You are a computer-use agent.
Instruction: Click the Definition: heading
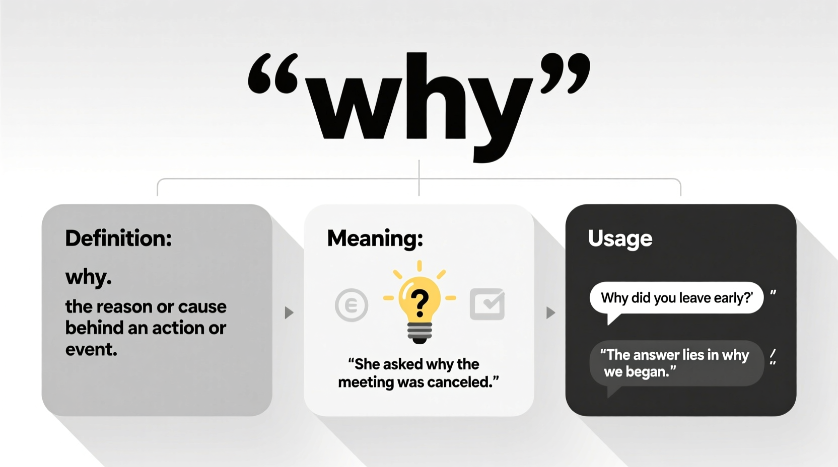pyautogui.click(x=118, y=238)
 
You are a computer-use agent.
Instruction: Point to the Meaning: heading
pyautogui.click(x=375, y=238)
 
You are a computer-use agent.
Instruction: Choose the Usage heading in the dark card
pyautogui.click(x=620, y=239)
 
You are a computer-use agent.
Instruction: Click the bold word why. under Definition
pyautogui.click(x=89, y=277)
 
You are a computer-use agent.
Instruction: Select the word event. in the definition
pyautogui.click(x=91, y=349)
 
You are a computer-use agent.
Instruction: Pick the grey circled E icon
pyautogui.click(x=352, y=305)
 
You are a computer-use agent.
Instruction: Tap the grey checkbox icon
pyautogui.click(x=487, y=304)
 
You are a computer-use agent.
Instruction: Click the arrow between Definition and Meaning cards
pyautogui.click(x=289, y=313)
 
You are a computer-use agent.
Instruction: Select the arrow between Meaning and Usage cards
pyautogui.click(x=550, y=313)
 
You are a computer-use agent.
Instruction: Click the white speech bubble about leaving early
pyautogui.click(x=676, y=298)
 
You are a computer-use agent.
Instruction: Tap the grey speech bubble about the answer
pyautogui.click(x=676, y=363)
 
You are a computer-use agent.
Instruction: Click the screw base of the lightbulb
pyautogui.click(x=420, y=332)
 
